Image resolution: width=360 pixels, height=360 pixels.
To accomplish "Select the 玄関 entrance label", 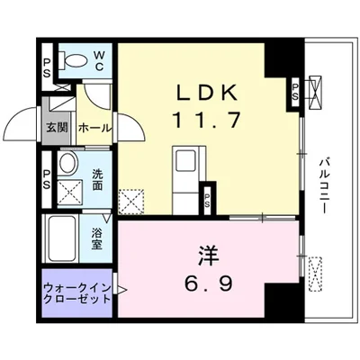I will tap(57, 128).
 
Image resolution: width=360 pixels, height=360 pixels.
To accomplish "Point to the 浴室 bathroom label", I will tap(97, 238).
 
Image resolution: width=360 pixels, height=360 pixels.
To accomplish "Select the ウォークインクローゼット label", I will tap(76, 293).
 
